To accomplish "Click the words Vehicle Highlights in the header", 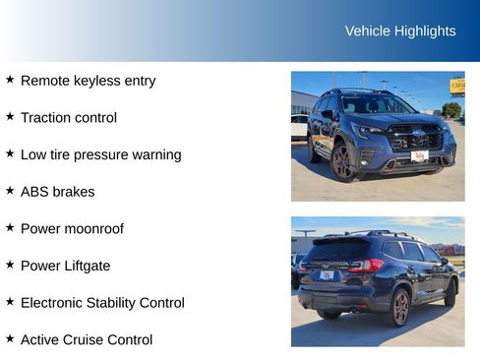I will tap(400, 31).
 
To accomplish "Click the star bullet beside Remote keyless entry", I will tap(10, 80).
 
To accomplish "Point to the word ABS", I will tap(35, 192).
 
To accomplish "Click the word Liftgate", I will tap(87, 266).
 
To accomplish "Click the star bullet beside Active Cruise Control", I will tap(10, 338).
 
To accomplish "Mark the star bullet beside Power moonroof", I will tap(10, 227).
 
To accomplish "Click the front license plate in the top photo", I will tap(419, 155).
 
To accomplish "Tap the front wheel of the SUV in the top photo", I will tap(342, 162).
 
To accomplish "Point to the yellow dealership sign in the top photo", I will tap(457, 87).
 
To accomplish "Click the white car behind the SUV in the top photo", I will tap(299, 124).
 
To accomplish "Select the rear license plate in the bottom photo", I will tap(327, 275).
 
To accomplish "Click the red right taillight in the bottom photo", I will tap(366, 266).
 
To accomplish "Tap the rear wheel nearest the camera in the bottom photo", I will tap(399, 307).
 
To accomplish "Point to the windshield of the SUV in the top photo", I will tap(377, 104).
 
